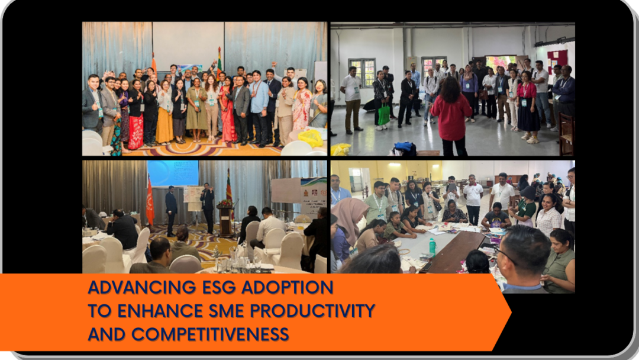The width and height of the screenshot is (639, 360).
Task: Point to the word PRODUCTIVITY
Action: point(312,311)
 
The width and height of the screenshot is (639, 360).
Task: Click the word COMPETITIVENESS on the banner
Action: point(210,335)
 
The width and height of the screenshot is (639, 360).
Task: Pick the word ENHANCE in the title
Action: point(160,311)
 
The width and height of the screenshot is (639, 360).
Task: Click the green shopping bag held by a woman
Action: point(383,114)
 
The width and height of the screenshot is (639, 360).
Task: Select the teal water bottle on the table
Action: point(433,246)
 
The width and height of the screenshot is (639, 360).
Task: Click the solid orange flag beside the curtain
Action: point(150,202)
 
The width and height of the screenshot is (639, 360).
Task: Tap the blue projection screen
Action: point(173,173)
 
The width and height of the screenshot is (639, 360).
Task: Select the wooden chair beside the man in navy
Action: point(566,134)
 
